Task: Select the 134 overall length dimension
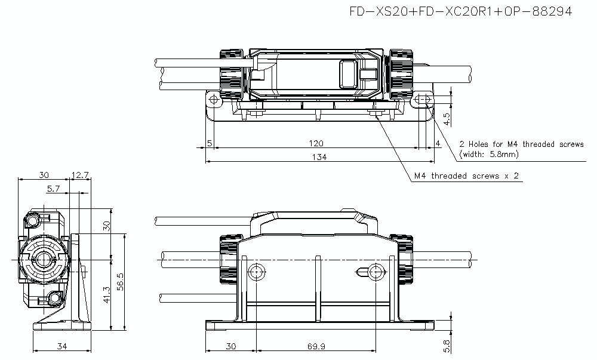tap(320, 157)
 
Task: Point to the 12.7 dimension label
tap(79, 175)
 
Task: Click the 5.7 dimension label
tap(53, 189)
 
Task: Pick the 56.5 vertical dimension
tap(120, 281)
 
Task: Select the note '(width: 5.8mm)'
tap(489, 154)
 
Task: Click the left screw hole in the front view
tap(256, 272)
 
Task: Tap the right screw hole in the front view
tap(376, 272)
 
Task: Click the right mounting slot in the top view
tap(423, 99)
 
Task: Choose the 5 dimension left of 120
tap(210, 143)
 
